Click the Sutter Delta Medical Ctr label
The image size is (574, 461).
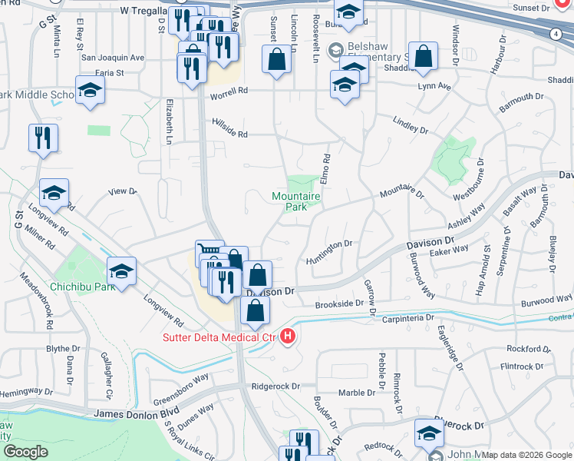coord(218,337)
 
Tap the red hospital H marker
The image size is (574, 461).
coord(288,337)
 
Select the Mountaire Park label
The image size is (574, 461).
coord(295,201)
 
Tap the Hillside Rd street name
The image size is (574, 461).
coord(230,134)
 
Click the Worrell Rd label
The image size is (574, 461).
coord(231,91)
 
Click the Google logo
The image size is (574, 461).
coord(25,452)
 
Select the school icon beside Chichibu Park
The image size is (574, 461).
coord(121,270)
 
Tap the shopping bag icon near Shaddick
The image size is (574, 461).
coord(423,56)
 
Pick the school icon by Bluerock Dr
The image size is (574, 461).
coord(429,433)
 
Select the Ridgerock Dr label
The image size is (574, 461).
coord(274,386)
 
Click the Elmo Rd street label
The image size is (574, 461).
coord(326,168)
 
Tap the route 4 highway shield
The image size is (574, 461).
coord(554,35)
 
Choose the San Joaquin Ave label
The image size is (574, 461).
coord(113,58)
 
